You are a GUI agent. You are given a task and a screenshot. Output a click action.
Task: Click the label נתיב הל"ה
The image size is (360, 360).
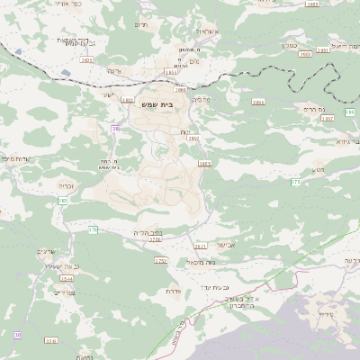148,231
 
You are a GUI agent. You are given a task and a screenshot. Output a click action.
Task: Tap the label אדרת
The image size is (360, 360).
175,291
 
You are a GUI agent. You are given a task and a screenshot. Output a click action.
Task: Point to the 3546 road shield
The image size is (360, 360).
51,341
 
